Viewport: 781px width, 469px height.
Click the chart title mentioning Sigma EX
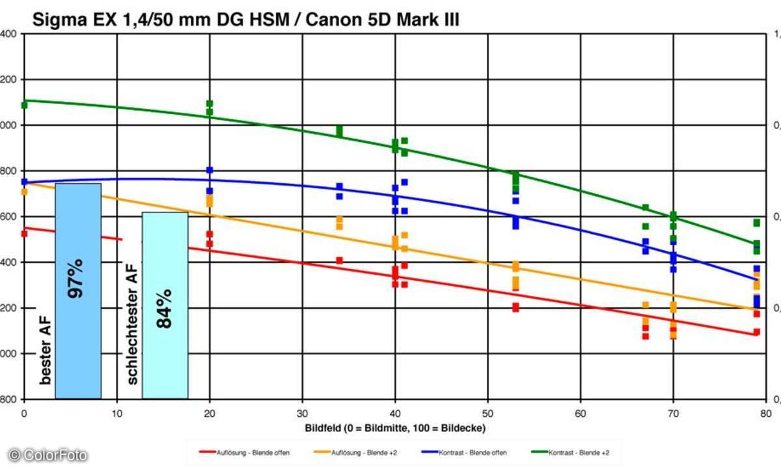246,20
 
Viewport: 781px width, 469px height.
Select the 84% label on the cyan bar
163,308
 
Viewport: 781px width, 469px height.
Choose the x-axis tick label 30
303,412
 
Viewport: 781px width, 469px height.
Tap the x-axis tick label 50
488,412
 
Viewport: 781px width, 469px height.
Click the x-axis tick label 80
765,412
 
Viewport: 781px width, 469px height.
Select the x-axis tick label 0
24,412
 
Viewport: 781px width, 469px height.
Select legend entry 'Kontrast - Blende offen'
461,451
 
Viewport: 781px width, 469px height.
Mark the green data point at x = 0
24,105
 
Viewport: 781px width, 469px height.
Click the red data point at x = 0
24,233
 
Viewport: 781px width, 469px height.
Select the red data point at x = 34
339,261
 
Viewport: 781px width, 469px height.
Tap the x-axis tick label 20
210,412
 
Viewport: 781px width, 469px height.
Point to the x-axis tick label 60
581,412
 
